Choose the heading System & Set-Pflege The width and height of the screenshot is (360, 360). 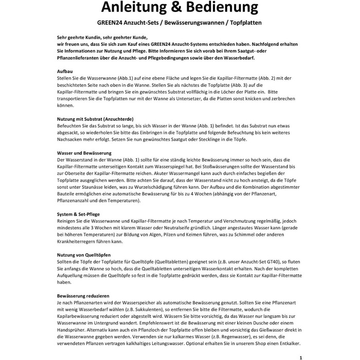[78, 213]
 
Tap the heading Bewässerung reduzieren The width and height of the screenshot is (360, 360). [83, 297]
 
